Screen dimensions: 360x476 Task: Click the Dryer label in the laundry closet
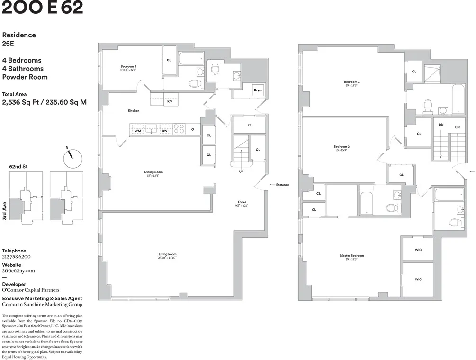[x=258, y=90]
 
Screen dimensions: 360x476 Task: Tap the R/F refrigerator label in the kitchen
[x=169, y=101]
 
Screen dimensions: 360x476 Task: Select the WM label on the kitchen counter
[x=137, y=130]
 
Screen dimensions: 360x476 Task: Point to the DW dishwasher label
[x=164, y=130]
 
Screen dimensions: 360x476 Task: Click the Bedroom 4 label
[x=128, y=66]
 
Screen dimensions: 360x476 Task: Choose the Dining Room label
[x=153, y=172]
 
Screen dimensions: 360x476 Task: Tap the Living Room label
[x=167, y=254]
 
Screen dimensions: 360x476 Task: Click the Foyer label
[x=242, y=202]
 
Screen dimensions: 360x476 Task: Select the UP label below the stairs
[x=241, y=171]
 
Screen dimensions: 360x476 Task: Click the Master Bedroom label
[x=351, y=256]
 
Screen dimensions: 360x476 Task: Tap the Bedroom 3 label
[x=351, y=82]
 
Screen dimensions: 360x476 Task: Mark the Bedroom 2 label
[x=341, y=146]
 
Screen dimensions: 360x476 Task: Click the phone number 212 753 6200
[x=16, y=256]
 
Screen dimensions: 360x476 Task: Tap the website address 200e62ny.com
[x=18, y=270]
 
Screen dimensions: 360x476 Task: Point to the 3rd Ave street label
[x=5, y=212]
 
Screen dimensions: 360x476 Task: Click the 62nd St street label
[x=18, y=167]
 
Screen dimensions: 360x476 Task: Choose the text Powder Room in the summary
[x=25, y=77]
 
